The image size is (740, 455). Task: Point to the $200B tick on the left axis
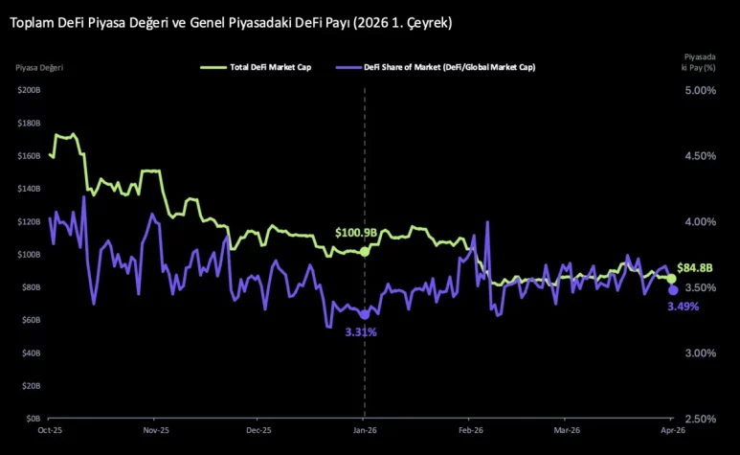(28, 90)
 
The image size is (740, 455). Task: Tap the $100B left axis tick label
(28, 255)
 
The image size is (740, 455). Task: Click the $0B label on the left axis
(32, 419)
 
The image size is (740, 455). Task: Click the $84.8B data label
(694, 267)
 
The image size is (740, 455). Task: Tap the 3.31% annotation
(361, 332)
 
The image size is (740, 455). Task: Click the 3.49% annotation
(684, 307)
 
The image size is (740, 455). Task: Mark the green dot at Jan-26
(365, 251)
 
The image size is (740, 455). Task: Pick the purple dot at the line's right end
(673, 290)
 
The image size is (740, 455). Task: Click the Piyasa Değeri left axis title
(39, 67)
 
